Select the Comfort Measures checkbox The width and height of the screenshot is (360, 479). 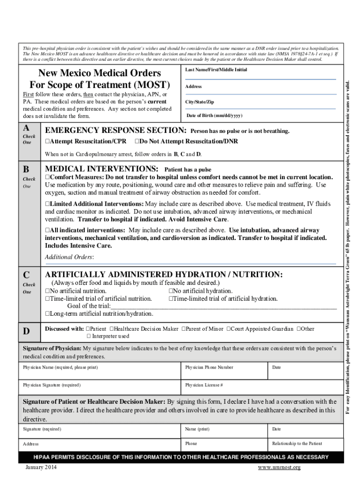pyautogui.click(x=47, y=178)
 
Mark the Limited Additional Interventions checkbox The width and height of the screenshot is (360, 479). pyautogui.click(x=47, y=204)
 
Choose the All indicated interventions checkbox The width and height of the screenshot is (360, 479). pyautogui.click(x=47, y=231)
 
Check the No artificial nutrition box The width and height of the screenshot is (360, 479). pyautogui.click(x=47, y=291)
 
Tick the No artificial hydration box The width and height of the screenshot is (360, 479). pyautogui.click(x=171, y=291)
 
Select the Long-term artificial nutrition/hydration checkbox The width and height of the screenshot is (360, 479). pyautogui.click(x=47, y=314)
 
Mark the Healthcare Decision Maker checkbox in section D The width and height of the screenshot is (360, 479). pyautogui.click(x=111, y=329)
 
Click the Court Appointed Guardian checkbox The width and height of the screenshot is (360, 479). pyautogui.click(x=229, y=329)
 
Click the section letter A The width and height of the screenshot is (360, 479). pyautogui.click(x=26, y=129)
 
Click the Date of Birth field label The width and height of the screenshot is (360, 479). pyautogui.click(x=214, y=116)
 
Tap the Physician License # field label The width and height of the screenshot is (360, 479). pyautogui.click(x=204, y=385)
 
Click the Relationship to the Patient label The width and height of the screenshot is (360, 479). pyautogui.click(x=297, y=443)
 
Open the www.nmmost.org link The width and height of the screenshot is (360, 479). pyautogui.click(x=279, y=468)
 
